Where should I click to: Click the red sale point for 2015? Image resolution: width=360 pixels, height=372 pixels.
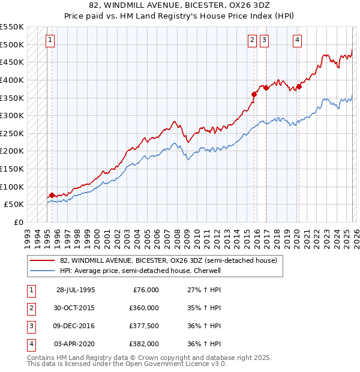click(254, 94)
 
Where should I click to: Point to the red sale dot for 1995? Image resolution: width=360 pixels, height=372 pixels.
click(52, 194)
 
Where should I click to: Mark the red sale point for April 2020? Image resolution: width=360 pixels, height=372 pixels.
click(299, 86)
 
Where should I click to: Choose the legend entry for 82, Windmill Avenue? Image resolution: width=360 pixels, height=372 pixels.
click(168, 261)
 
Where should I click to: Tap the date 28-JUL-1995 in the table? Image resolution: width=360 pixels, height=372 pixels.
click(76, 290)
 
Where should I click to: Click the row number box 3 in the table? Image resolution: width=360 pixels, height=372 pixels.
click(29, 326)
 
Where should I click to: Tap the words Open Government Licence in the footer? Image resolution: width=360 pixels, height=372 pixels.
click(175, 364)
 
